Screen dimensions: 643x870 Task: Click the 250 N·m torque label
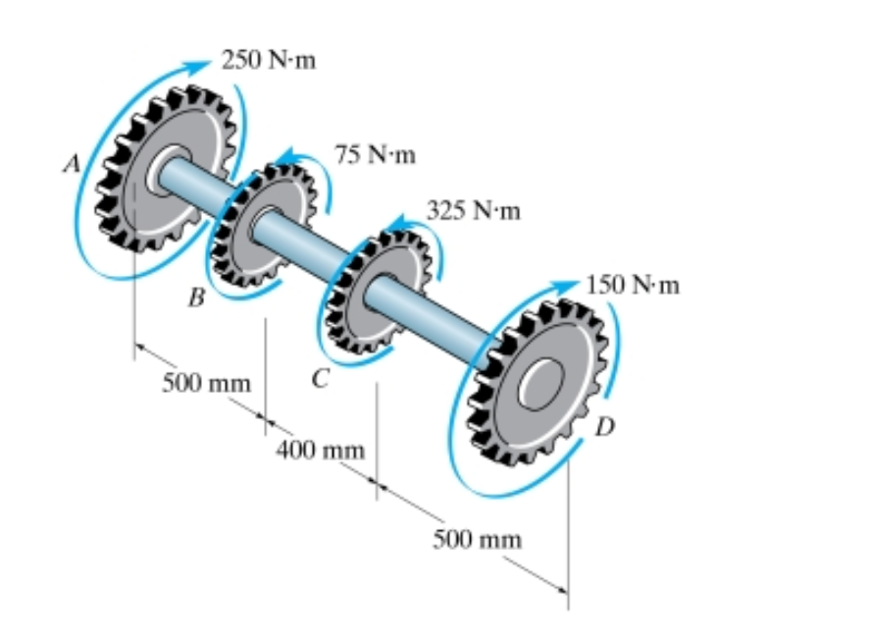pyautogui.click(x=268, y=61)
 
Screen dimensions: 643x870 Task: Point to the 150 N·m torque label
pyautogui.click(x=633, y=286)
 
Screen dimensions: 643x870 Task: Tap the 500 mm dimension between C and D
pyautogui.click(x=478, y=538)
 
